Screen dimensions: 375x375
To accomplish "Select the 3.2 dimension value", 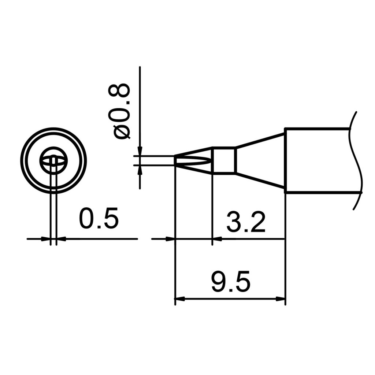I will (x=246, y=222).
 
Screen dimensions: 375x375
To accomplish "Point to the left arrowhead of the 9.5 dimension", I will (x=179, y=299).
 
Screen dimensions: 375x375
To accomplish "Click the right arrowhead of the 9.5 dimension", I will (x=281, y=299).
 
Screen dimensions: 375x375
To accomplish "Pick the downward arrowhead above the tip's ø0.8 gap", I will (x=140, y=152).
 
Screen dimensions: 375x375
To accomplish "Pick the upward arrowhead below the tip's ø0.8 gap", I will (x=140, y=169).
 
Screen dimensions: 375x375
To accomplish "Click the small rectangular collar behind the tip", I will (x=223, y=160).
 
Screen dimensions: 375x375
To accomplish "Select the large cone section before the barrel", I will (x=260, y=160).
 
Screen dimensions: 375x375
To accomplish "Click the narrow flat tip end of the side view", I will (x=175, y=160).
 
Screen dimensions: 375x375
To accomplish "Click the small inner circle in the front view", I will (x=53, y=160).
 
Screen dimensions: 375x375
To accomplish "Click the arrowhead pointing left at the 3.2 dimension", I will (x=217, y=239).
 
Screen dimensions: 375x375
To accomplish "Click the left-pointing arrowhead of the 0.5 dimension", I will (x=61, y=239).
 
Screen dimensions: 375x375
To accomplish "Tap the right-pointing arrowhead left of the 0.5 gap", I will (x=46, y=239).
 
